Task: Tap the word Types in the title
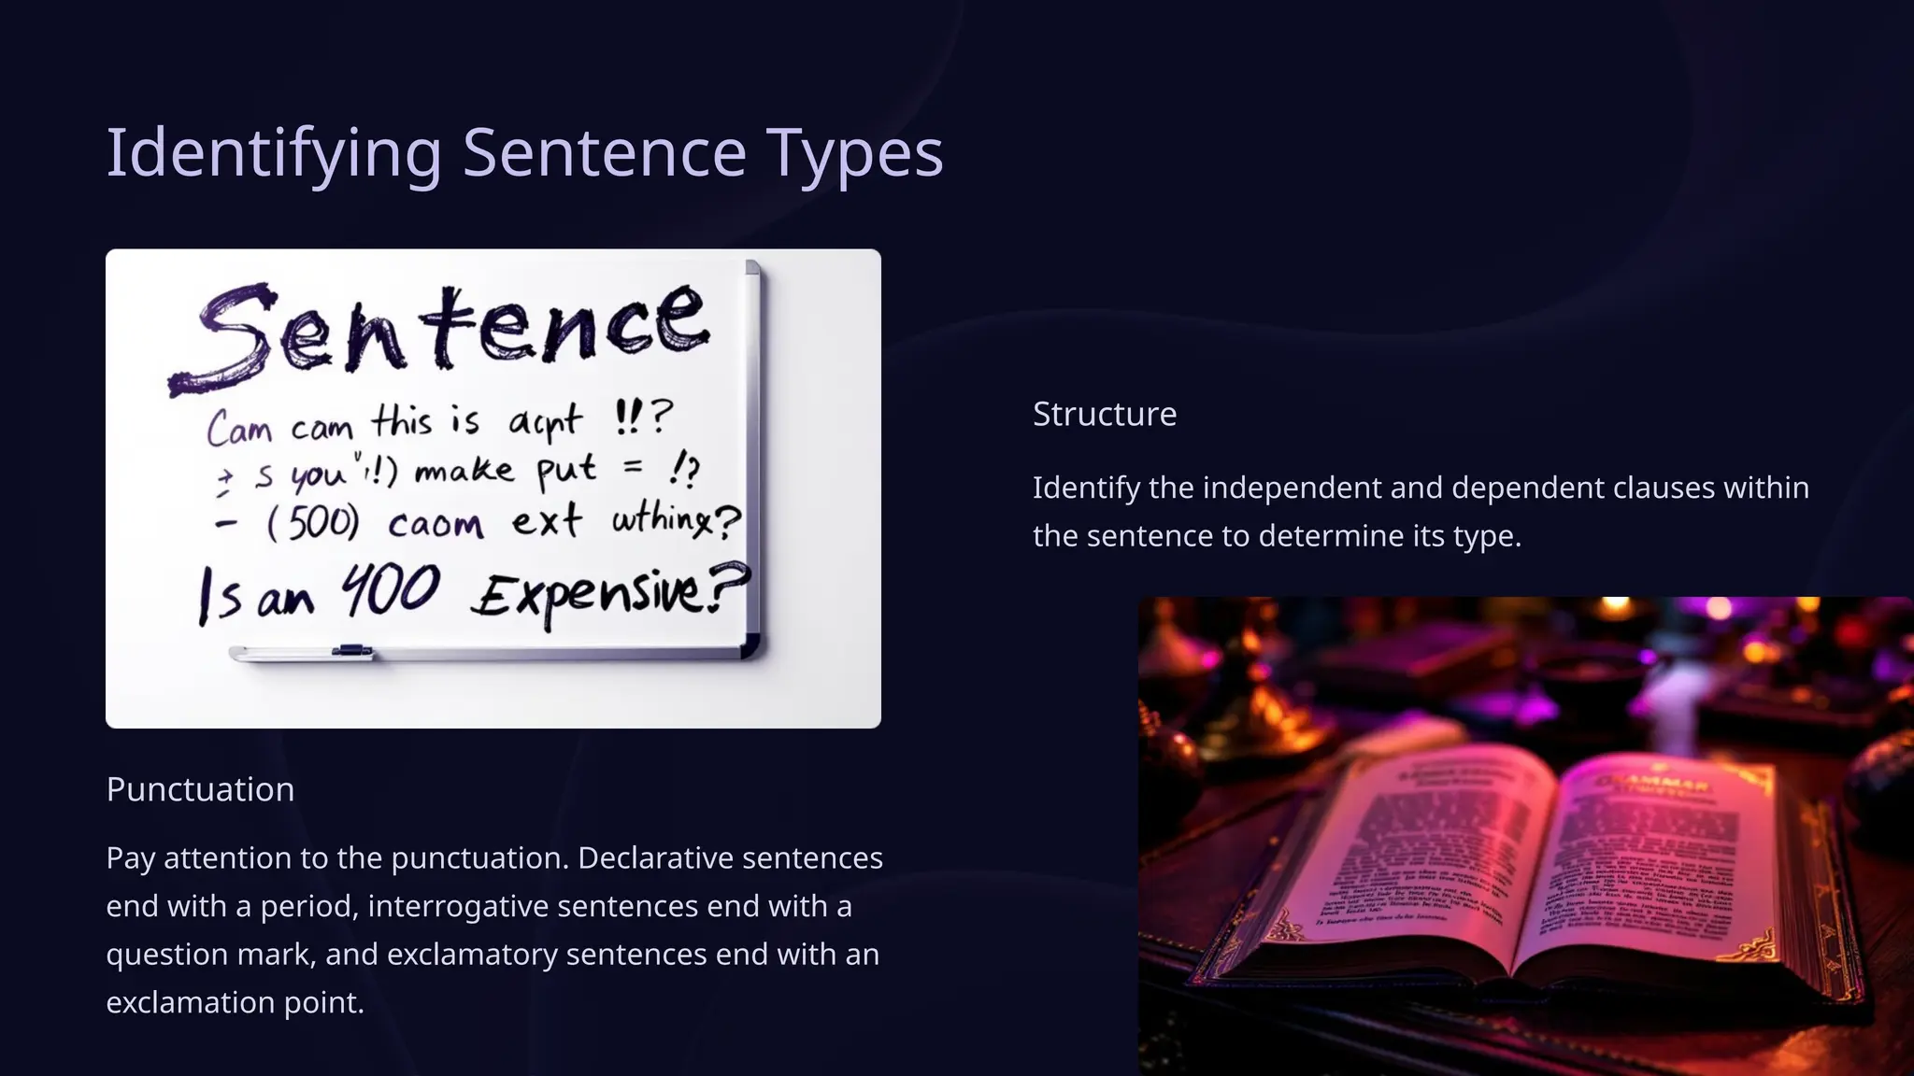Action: coord(854,153)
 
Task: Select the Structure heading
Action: coord(1104,414)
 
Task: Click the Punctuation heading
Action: coord(200,789)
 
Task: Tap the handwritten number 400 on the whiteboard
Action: coord(390,591)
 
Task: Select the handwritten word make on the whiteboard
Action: coord(464,470)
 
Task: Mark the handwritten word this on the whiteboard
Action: coord(403,422)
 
